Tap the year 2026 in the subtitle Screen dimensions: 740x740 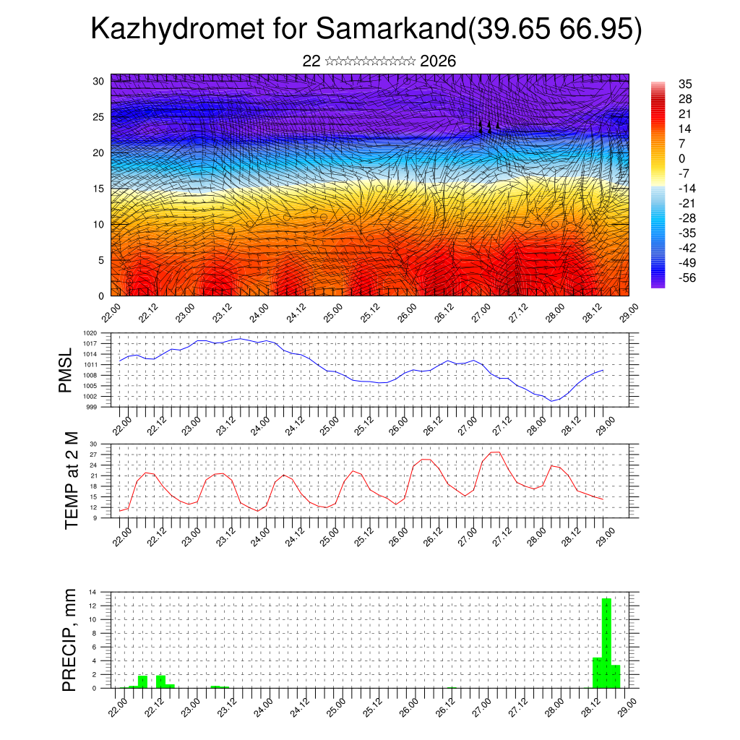[x=437, y=61]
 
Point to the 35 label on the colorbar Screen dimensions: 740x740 [x=685, y=84]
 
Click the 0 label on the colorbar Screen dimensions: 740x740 [x=682, y=158]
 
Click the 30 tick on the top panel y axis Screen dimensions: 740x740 [x=98, y=81]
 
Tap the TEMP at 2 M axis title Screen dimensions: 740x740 [x=71, y=481]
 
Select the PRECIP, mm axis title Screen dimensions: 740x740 [x=69, y=639]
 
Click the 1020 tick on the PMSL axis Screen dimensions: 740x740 [x=90, y=334]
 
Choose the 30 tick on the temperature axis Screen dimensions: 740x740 [x=92, y=444]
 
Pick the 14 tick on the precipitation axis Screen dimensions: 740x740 [x=92, y=593]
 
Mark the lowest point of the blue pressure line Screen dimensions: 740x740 [x=551, y=400]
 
